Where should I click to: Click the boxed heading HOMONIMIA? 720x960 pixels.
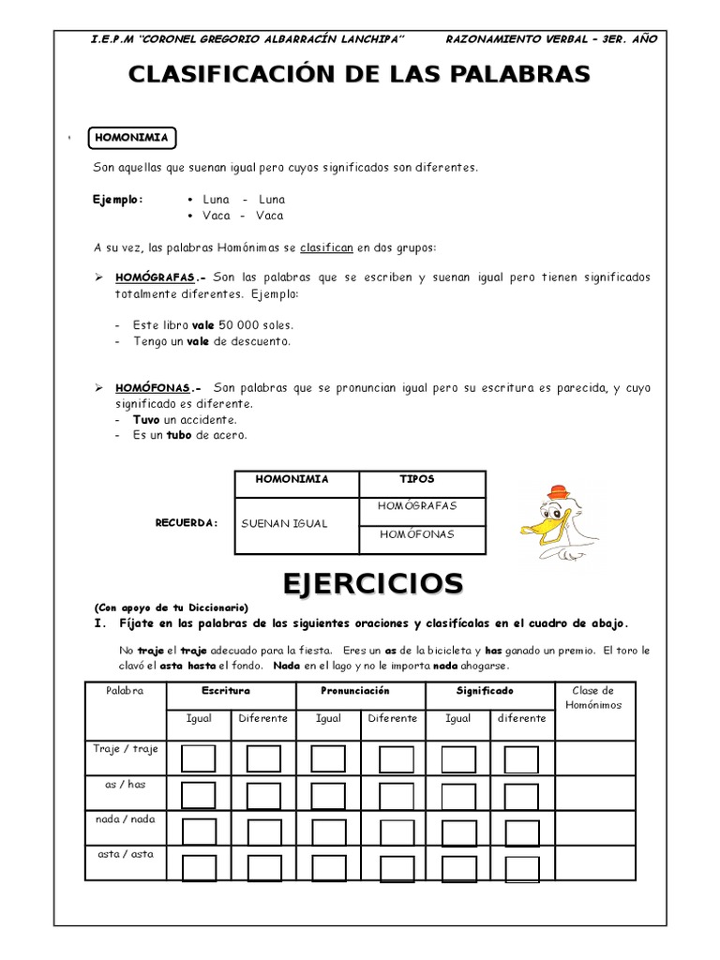131,138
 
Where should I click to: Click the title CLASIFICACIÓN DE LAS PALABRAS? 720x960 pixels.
359,75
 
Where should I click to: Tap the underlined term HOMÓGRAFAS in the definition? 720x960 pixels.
156,278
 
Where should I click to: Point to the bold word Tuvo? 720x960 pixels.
146,420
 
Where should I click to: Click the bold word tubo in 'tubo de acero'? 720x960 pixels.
178,436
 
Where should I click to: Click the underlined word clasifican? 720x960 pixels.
326,247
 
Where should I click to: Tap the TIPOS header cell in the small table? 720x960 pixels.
416,479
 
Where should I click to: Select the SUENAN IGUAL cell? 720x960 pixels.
284,524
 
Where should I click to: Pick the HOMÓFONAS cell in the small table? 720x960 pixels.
416,534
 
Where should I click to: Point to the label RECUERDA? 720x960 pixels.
187,523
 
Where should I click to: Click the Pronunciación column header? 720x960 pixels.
360,691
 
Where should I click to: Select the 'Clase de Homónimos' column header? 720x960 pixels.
596,697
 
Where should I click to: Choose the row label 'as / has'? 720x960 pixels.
125,785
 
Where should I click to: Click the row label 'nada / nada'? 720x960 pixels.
125,819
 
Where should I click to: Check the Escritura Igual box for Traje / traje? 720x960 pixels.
198,758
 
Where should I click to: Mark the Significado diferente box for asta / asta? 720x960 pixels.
521,868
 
